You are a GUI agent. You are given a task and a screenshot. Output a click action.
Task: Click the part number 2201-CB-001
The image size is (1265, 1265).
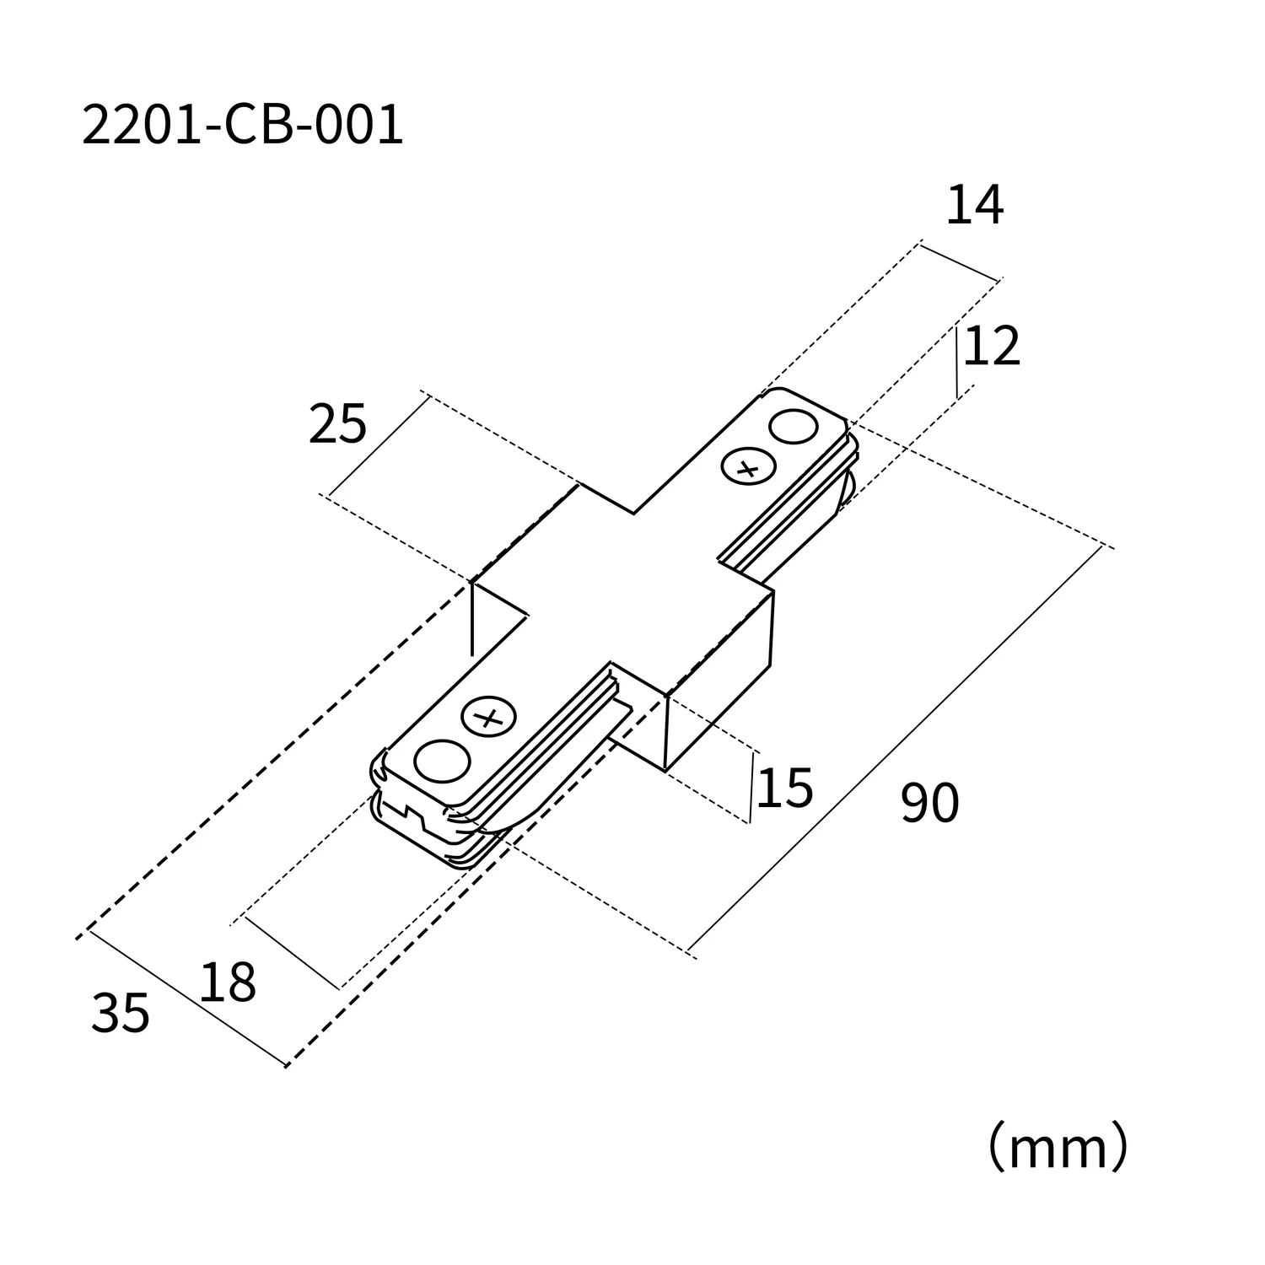pos(243,126)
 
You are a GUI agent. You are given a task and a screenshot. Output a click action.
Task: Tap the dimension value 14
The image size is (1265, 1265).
pos(975,206)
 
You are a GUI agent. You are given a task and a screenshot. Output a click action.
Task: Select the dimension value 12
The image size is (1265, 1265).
pos(992,347)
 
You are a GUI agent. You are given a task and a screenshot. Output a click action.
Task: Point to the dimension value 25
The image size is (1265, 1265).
pos(337,424)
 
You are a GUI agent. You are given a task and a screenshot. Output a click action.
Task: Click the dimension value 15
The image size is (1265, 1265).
pos(784,789)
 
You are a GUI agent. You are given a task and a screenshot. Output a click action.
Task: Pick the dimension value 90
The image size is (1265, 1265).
pos(929,803)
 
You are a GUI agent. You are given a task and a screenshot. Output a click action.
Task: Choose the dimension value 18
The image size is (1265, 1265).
pos(227,983)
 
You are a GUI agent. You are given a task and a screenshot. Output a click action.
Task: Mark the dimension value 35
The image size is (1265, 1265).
pos(120,1014)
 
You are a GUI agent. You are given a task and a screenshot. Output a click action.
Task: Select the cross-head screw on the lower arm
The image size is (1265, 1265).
pos(487,718)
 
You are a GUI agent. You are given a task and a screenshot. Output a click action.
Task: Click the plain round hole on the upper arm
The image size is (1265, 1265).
pos(794,427)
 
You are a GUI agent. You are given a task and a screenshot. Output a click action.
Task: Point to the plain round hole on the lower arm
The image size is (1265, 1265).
pos(442,762)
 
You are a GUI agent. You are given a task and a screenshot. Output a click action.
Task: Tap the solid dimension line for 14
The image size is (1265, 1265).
pos(959,261)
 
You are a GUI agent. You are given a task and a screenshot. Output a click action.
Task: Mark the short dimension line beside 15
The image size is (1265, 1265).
pos(751,788)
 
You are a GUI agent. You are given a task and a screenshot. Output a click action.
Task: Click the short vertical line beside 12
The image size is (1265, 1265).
pos(957,363)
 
